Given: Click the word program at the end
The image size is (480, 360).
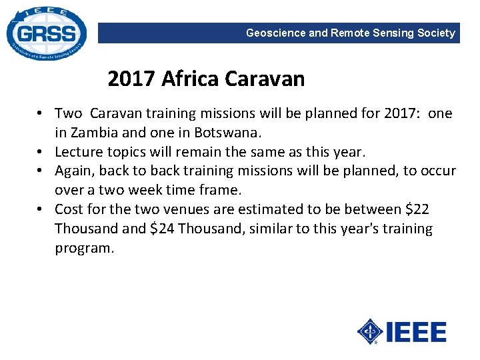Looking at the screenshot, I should pyautogui.click(x=85, y=249).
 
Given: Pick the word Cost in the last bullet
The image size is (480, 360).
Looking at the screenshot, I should pyautogui.click(x=69, y=209).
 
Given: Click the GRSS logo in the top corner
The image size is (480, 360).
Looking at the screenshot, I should pyautogui.click(x=45, y=33).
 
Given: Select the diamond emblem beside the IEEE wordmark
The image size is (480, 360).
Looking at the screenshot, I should pyautogui.click(x=371, y=331).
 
